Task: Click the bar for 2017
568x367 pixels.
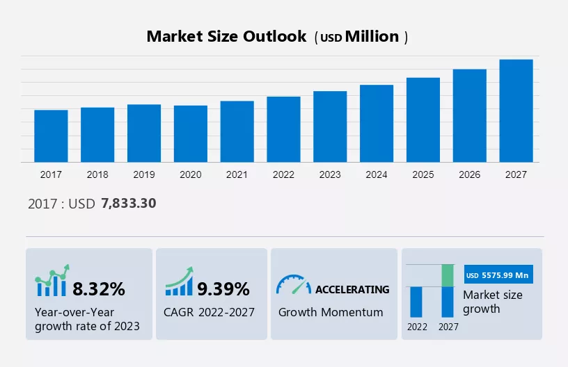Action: (51, 136)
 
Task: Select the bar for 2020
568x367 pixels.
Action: (191, 134)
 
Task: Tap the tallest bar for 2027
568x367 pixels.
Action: (516, 111)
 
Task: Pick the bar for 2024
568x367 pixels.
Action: (377, 124)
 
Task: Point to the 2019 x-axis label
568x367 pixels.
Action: (144, 174)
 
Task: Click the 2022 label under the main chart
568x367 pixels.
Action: (283, 174)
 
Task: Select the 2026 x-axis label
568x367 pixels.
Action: (470, 174)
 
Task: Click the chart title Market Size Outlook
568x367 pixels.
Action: (226, 37)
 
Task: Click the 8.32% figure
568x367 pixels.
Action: (99, 288)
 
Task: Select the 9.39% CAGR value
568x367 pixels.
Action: (223, 288)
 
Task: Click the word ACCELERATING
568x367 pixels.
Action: (352, 289)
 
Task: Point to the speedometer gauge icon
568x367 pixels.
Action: (293, 285)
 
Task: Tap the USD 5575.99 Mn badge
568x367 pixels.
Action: (498, 275)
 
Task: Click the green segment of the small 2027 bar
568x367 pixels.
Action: (448, 275)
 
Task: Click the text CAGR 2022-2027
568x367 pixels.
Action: (210, 312)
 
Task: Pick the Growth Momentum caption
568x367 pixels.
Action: (331, 312)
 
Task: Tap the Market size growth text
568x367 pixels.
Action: (493, 302)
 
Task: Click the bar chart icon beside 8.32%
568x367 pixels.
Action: (52, 282)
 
